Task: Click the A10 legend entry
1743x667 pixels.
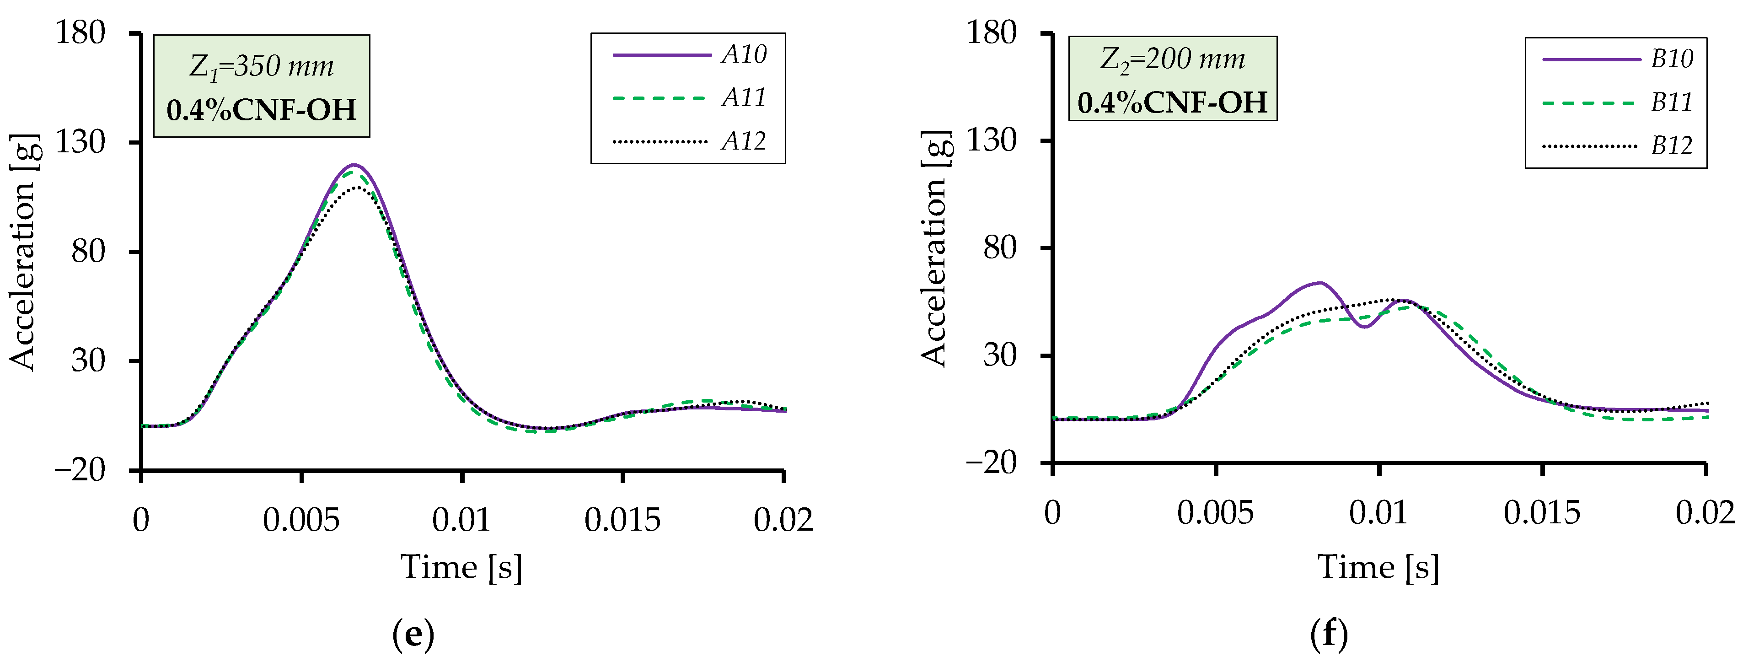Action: (x=744, y=54)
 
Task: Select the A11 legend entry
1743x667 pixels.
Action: (x=744, y=98)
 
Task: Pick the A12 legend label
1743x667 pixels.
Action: (x=744, y=141)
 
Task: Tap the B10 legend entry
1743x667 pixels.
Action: (x=1671, y=59)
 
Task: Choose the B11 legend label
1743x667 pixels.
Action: (x=1671, y=102)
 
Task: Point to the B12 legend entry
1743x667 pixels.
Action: (x=1671, y=145)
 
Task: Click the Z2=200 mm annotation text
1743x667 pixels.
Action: (x=1173, y=59)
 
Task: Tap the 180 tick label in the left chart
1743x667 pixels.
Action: (x=80, y=32)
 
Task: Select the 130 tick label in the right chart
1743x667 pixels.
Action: (x=991, y=141)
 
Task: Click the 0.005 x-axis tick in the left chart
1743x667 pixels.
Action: (x=301, y=520)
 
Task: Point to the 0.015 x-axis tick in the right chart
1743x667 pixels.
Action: (x=1542, y=513)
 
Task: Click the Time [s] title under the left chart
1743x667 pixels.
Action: (x=461, y=567)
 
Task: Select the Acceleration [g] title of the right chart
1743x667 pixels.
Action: (x=936, y=249)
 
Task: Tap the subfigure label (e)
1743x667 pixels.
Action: (x=413, y=635)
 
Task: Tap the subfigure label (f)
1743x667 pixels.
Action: (x=1329, y=635)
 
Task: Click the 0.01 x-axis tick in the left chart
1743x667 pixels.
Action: (x=461, y=520)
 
